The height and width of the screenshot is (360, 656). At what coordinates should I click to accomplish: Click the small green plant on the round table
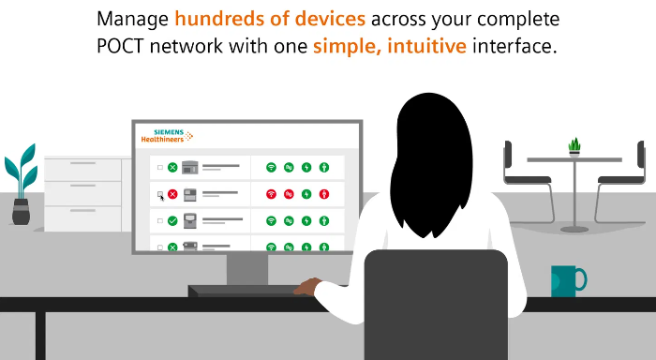pos(574,146)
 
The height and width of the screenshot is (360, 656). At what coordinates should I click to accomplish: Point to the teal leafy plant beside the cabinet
pos(21,173)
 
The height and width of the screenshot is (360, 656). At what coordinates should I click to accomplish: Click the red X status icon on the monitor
pos(172,194)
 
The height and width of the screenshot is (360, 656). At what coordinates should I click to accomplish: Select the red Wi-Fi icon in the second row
pos(271,194)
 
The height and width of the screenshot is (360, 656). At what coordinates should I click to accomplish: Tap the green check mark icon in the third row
pos(172,221)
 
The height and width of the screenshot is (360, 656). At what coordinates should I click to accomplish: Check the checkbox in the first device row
pos(159,168)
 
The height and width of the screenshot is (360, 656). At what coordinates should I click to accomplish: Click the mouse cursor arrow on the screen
pos(162,196)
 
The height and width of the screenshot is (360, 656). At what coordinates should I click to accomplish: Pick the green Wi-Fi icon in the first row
pos(271,168)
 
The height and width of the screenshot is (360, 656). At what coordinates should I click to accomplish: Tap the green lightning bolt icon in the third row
pos(306,221)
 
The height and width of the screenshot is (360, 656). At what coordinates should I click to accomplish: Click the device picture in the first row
pos(190,168)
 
